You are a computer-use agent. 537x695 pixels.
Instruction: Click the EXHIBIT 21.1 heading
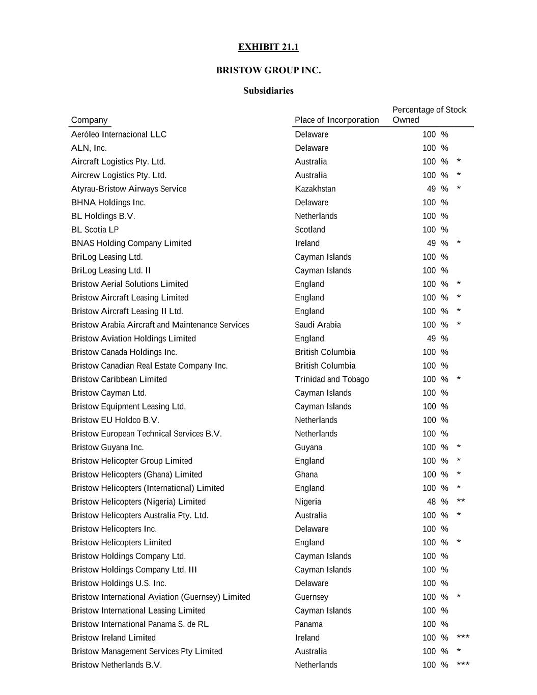(268, 47)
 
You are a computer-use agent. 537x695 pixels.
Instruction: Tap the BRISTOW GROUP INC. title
(268, 70)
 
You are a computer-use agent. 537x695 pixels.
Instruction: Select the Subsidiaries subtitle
(268, 91)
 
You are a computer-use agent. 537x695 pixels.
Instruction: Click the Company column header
(90, 120)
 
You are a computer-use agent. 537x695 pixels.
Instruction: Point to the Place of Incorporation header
(336, 120)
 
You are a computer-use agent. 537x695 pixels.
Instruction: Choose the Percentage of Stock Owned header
(429, 115)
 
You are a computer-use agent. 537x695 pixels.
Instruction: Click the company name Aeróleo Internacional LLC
(119, 134)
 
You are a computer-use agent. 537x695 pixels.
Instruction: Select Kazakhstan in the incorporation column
(315, 189)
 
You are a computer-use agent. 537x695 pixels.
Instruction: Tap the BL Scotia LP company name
(95, 230)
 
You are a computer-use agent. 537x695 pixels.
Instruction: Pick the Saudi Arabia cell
(318, 325)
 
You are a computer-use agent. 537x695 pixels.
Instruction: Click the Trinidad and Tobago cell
(331, 379)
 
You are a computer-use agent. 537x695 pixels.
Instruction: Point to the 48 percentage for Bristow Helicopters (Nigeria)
(431, 502)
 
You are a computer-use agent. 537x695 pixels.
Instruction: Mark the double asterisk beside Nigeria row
(461, 502)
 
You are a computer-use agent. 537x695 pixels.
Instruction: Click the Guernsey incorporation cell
(312, 597)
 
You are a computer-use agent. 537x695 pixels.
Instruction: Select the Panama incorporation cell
(308, 624)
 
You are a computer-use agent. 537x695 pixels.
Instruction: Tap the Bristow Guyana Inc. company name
(107, 448)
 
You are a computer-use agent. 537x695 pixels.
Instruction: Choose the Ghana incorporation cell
(306, 475)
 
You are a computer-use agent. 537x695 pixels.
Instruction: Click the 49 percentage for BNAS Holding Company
(431, 243)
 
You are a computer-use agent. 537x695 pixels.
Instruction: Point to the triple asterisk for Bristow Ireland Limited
(463, 637)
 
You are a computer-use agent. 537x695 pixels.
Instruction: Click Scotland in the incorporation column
(310, 230)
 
